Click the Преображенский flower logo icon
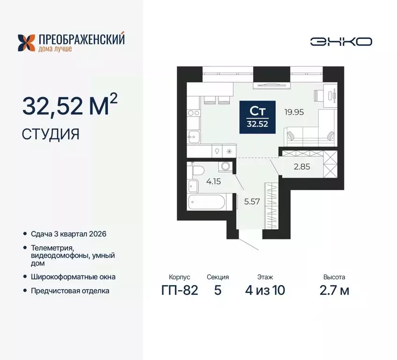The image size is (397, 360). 26,42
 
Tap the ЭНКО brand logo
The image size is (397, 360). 341,41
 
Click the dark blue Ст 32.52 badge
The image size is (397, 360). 257,117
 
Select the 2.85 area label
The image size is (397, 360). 301,166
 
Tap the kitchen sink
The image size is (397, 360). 193,136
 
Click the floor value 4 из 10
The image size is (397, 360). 265,290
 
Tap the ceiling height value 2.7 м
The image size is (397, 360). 334,290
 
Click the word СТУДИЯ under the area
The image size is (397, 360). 51,135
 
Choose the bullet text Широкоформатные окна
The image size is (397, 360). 73,277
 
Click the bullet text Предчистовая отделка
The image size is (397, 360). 70,291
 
